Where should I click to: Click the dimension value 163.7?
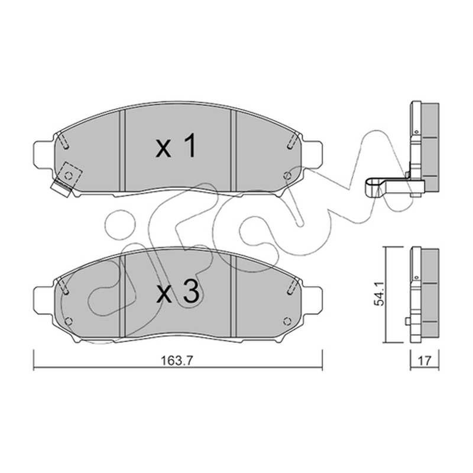(176, 361)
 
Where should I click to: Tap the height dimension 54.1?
(379, 293)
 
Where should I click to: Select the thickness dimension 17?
(424, 361)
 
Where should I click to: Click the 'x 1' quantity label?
(176, 146)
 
